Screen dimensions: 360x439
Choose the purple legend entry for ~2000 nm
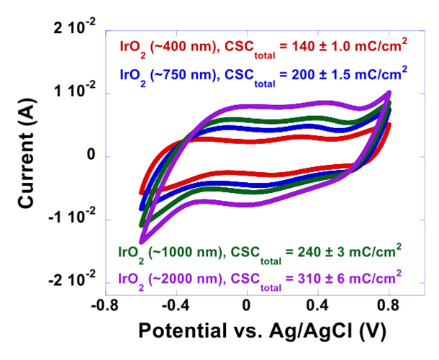260,277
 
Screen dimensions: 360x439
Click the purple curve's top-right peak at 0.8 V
389,93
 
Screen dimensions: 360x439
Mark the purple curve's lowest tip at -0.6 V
142,241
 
